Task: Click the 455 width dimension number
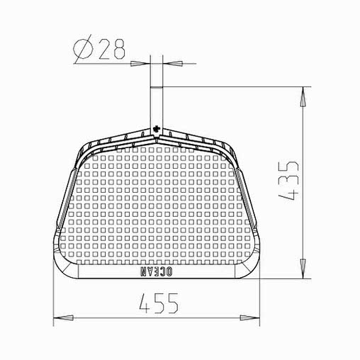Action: (159, 303)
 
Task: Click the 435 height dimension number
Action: (288, 181)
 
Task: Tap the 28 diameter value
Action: (111, 49)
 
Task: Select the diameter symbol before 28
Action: (82, 49)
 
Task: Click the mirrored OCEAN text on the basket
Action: (157, 271)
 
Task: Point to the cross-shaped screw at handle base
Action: (157, 129)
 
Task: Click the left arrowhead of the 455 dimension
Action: (63, 317)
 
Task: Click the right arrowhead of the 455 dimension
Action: (249, 317)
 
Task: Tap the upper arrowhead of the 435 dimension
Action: (303, 96)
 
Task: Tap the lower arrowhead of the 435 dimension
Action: (303, 269)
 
